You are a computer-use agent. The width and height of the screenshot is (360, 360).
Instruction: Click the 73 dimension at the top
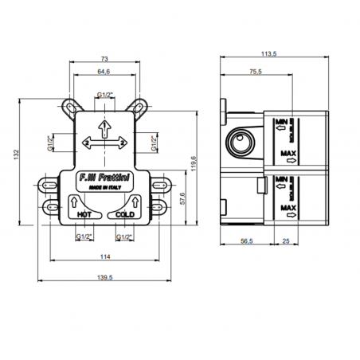point(104,59)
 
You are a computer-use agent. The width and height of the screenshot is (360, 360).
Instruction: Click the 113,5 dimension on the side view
point(268,56)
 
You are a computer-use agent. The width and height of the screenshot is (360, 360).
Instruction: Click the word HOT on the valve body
point(84,215)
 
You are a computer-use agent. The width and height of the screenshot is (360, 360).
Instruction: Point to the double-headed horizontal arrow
point(104,142)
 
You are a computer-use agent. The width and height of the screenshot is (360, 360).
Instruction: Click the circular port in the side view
point(239,143)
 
